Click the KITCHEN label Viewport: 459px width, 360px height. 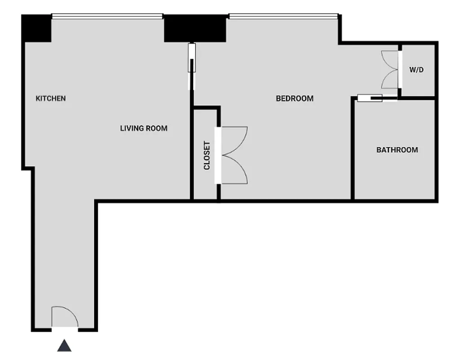pos(51,99)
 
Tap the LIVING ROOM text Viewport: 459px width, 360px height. pos(143,128)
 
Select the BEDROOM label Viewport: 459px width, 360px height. pos(294,99)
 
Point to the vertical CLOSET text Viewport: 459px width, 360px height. pos(207,156)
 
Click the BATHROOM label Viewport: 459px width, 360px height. pos(397,150)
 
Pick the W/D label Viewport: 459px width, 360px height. pos(416,70)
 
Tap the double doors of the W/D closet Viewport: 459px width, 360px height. pos(390,70)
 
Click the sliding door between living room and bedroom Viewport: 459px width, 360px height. pos(192,65)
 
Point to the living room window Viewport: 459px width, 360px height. pos(107,17)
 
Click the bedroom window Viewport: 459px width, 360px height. pos(283,17)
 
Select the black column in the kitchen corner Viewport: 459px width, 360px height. pos(37,28)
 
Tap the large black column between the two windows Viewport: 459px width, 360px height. pos(195,28)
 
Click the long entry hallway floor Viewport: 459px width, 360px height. pos(64,252)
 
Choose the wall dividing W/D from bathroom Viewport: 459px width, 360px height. pos(418,98)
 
